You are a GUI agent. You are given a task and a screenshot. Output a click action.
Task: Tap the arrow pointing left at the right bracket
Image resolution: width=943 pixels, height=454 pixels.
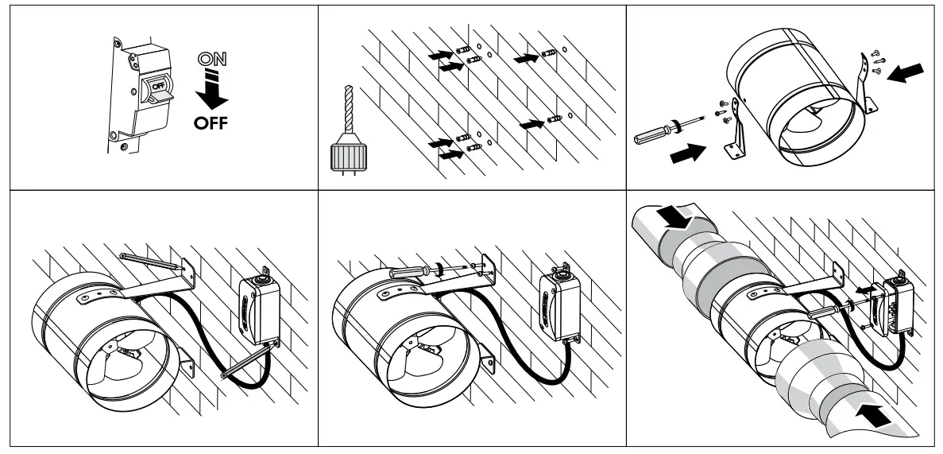pyautogui.click(x=905, y=75)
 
